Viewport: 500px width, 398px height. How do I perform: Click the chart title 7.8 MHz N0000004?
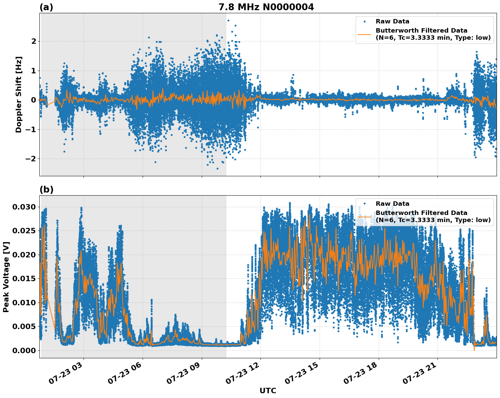266,7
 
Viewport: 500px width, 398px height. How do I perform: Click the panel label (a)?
46,7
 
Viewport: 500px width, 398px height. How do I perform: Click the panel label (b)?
46,189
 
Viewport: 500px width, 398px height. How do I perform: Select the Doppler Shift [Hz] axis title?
19,94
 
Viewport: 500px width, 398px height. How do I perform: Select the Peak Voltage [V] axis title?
6,277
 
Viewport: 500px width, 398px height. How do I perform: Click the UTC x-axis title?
268,391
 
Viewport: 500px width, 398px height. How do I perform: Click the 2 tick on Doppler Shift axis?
34,41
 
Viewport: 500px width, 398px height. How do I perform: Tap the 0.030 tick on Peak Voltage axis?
24,207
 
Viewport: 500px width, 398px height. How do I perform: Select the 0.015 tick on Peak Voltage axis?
24,278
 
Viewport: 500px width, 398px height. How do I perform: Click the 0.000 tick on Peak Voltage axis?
24,350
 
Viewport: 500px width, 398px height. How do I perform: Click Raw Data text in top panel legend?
392,21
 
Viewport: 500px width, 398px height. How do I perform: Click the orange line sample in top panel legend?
364,34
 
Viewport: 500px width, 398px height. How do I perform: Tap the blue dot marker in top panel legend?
364,21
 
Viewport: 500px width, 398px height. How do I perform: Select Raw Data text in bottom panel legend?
392,204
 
